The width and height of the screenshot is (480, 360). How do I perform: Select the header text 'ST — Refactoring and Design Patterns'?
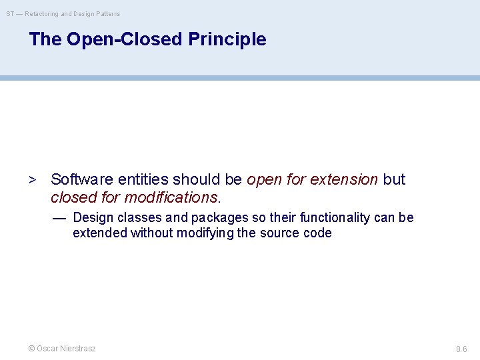click(x=63, y=13)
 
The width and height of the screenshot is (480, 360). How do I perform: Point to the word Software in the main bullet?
click(x=82, y=180)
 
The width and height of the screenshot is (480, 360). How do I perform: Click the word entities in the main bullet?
click(x=143, y=180)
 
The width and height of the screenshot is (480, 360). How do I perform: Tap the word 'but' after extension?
click(x=394, y=180)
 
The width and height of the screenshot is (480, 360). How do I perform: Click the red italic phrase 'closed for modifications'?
click(x=134, y=197)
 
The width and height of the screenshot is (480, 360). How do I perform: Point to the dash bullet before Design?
click(x=59, y=218)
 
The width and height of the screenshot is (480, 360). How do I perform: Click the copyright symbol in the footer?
click(x=31, y=349)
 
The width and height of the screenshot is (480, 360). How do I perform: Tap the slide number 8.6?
click(x=461, y=349)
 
